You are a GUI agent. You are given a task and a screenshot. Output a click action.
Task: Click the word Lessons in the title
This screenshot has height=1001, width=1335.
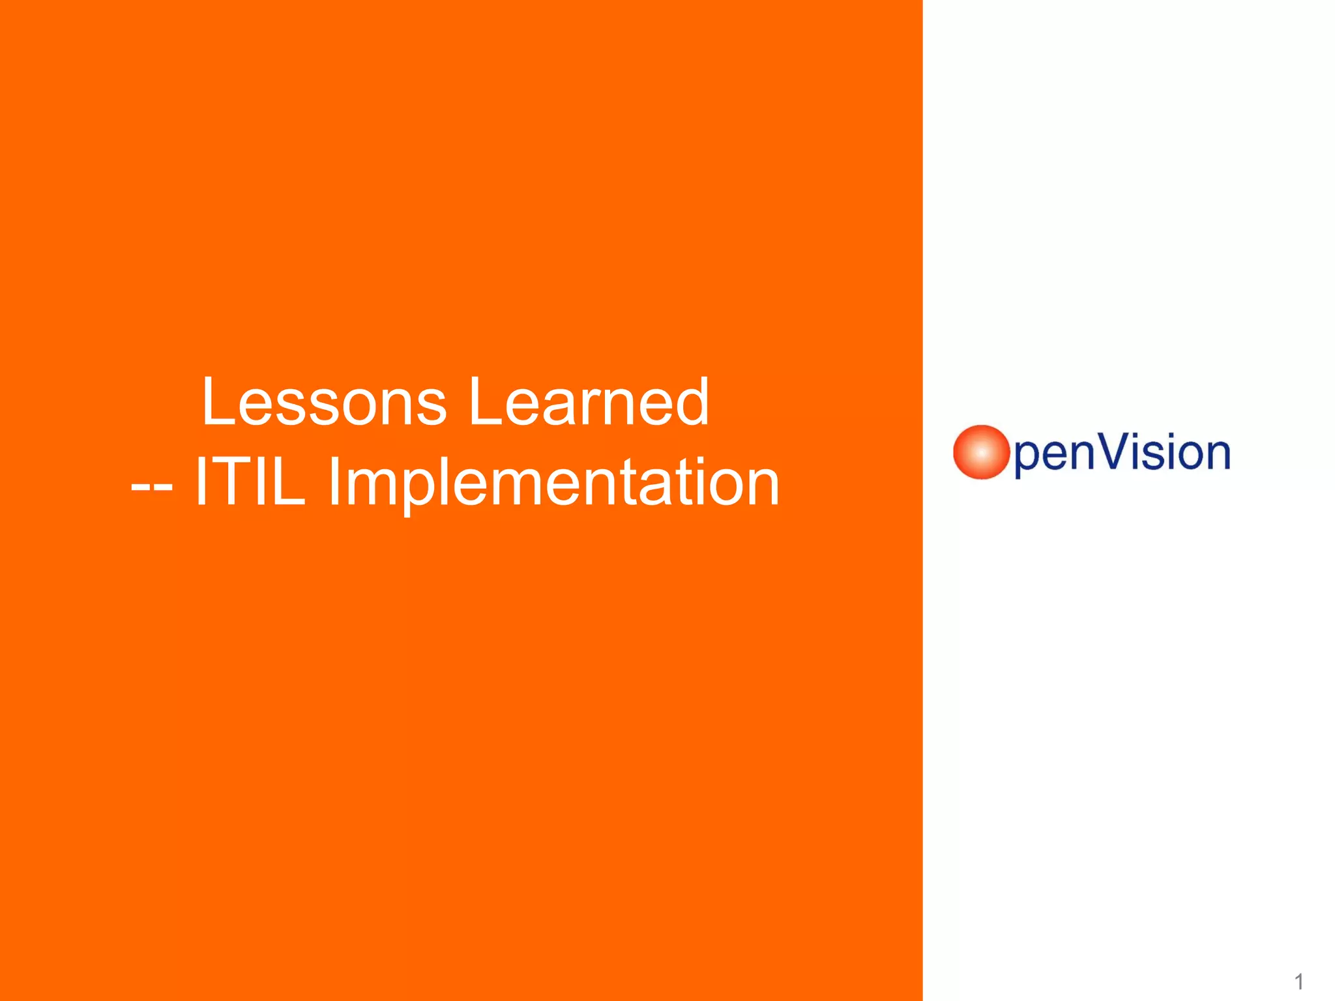coord(324,402)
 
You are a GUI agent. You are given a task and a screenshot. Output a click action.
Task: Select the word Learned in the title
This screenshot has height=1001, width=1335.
coord(589,402)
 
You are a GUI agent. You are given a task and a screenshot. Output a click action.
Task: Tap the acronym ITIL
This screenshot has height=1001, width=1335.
coord(250,482)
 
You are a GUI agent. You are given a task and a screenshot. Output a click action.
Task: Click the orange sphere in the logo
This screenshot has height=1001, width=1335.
coord(981,452)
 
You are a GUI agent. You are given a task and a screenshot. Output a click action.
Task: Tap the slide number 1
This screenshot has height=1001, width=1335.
coord(1298,981)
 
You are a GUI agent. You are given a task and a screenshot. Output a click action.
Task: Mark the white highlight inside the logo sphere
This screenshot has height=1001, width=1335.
coord(981,452)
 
